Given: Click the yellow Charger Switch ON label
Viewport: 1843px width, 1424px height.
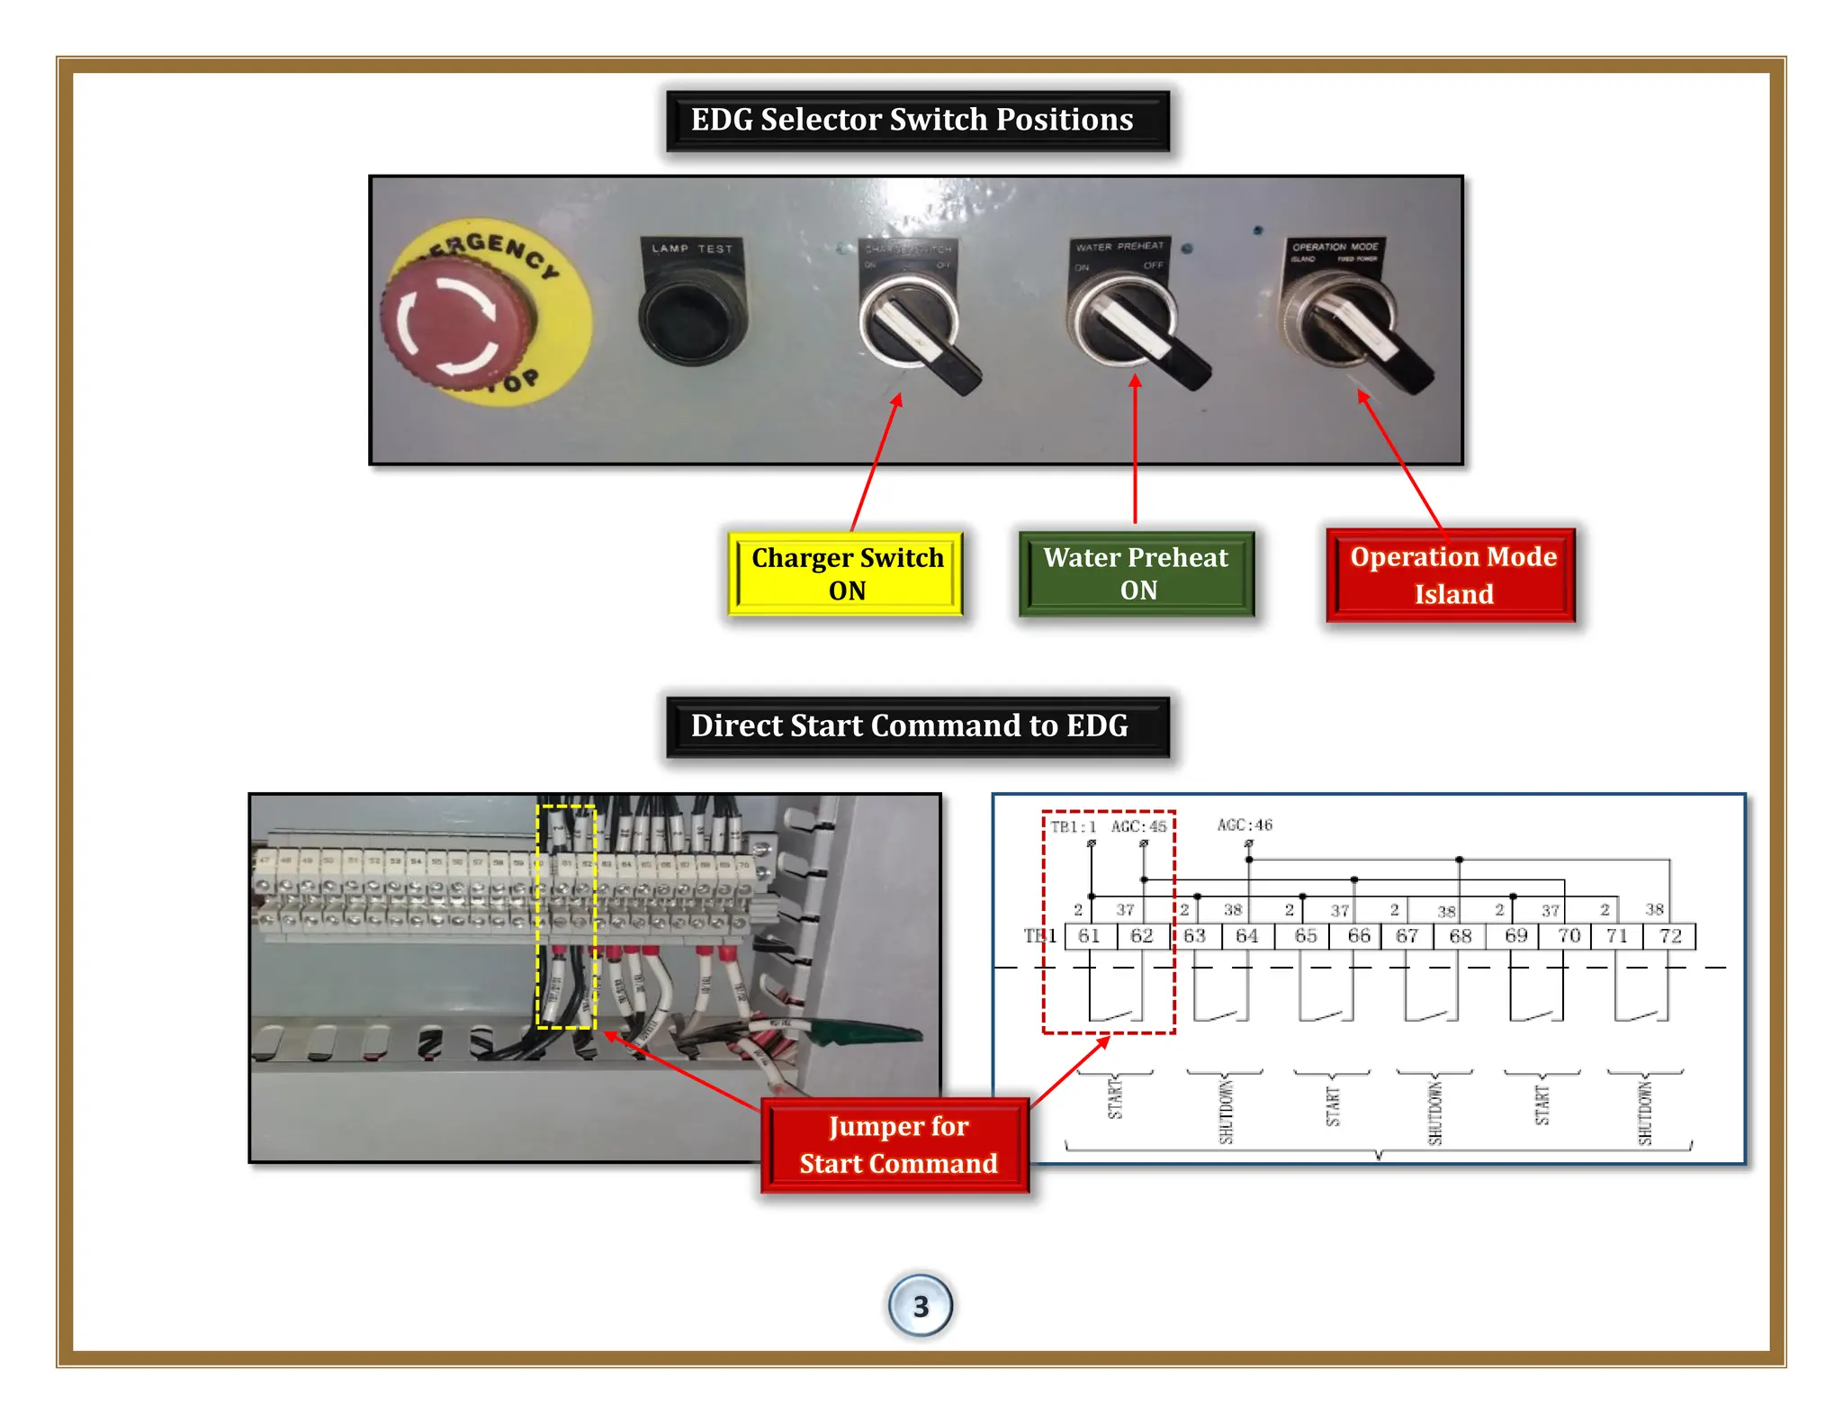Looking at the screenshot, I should coord(846,573).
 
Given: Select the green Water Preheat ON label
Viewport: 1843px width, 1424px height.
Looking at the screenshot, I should coord(1136,573).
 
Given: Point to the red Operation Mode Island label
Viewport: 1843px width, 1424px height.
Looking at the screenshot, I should coord(1452,574).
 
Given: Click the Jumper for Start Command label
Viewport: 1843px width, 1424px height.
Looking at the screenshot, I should coord(896,1144).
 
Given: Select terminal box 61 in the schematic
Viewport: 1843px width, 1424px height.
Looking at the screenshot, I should coord(1090,936).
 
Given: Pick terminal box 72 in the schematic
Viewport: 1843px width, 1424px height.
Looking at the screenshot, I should coord(1670,936).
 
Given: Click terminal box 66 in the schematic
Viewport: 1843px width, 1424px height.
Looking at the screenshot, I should coord(1358,936).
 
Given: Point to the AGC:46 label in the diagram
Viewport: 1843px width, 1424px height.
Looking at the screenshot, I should coord(1245,825).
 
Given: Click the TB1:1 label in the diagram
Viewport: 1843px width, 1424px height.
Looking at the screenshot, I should coord(1073,826).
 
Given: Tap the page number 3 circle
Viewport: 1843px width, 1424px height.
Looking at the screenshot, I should coord(920,1305).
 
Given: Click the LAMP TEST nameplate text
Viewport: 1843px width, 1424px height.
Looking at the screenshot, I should coord(691,248).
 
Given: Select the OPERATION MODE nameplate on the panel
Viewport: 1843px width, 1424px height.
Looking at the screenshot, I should coord(1335,248).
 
